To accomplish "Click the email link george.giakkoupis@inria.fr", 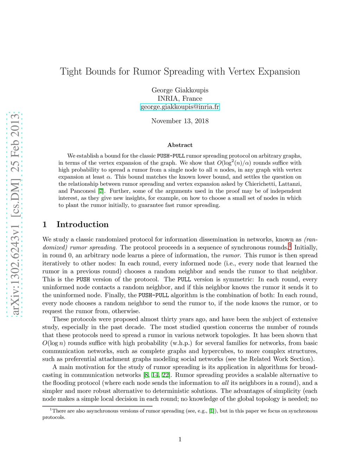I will (180, 107).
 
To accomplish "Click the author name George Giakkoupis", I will (180, 90).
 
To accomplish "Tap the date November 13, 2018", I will (180, 121).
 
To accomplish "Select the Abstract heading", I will (180, 145).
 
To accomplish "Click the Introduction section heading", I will (82, 224).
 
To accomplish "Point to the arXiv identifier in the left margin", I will (15, 215).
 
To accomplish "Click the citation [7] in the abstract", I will (101, 191).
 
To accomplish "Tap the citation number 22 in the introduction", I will (165, 375).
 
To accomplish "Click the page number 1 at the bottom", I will (180, 439).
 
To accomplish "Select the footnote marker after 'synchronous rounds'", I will (290, 246).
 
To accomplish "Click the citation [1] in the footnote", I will (211, 411).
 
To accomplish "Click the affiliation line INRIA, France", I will (180, 98).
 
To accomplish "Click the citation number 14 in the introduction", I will (155, 375).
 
